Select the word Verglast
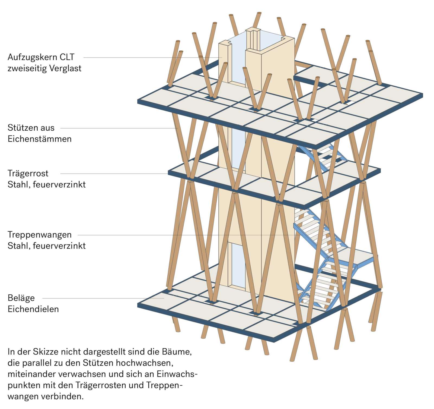(65, 68)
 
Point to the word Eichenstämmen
(40, 139)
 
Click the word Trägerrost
(28, 173)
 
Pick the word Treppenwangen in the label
(40, 235)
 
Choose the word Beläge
(21, 298)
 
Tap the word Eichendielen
(33, 309)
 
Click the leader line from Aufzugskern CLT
(149, 58)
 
